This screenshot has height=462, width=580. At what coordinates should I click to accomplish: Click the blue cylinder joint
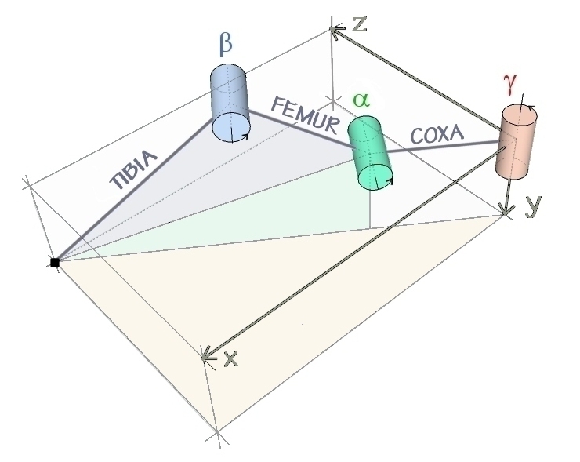[x=230, y=104]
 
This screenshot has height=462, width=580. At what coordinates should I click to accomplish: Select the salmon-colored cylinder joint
[x=517, y=140]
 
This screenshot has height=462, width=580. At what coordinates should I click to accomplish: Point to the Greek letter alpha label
[x=361, y=100]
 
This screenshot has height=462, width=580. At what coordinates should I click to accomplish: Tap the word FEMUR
[x=305, y=115]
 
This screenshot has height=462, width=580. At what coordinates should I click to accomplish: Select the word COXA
[x=437, y=135]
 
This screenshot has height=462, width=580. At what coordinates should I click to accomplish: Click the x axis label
[x=230, y=359]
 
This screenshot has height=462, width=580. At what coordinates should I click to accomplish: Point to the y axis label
[x=532, y=206]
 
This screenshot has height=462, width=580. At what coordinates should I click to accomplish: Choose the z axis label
[x=360, y=24]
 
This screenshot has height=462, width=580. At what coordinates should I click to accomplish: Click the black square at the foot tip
[x=54, y=262]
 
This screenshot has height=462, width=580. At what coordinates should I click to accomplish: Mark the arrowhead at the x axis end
[x=207, y=356]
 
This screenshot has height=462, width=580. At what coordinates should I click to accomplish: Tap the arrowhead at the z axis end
[x=336, y=31]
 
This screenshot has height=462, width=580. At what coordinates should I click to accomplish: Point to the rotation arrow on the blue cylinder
[x=245, y=137]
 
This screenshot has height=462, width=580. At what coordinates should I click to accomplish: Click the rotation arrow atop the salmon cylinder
[x=531, y=109]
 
